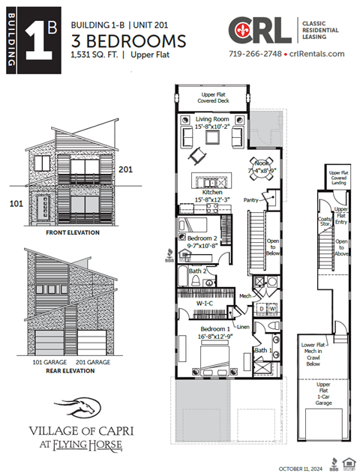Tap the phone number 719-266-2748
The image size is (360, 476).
(x=256, y=55)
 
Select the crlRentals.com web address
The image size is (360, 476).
(x=316, y=55)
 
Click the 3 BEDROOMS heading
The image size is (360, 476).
(x=128, y=40)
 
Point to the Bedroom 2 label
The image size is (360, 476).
(x=202, y=238)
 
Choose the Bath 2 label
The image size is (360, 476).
(x=198, y=271)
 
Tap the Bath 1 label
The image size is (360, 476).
(x=262, y=349)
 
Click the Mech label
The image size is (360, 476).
(x=245, y=296)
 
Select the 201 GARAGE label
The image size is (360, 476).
(x=100, y=361)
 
